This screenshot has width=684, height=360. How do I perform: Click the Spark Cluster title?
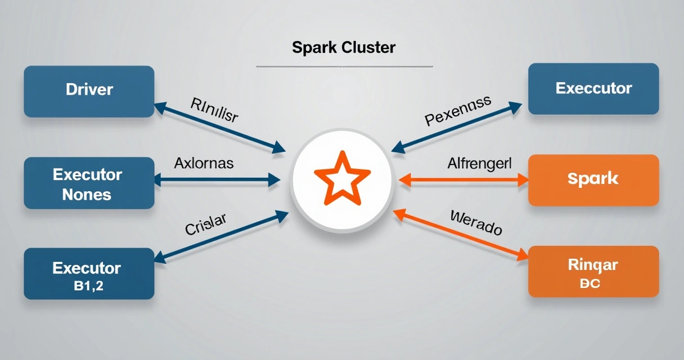(x=344, y=47)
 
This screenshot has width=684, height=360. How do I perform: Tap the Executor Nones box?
(x=89, y=183)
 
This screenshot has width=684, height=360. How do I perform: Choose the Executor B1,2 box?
(x=89, y=274)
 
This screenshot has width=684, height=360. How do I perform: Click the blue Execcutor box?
(x=593, y=89)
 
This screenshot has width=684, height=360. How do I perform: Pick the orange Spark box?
(x=593, y=180)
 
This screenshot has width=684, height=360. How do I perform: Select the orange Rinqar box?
(x=593, y=272)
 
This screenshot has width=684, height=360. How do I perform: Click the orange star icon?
(x=341, y=179)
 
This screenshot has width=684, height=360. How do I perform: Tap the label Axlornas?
(x=204, y=164)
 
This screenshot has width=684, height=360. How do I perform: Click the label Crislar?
(x=205, y=224)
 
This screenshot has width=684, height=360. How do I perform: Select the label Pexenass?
(x=458, y=110)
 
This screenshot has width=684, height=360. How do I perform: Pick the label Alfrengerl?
(x=479, y=164)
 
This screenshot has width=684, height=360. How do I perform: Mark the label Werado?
(x=476, y=222)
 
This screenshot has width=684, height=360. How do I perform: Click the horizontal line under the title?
(x=344, y=67)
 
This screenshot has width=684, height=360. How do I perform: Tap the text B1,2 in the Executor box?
(x=88, y=286)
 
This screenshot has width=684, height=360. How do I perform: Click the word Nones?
(x=87, y=195)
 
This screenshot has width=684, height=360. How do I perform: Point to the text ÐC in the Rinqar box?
(x=589, y=283)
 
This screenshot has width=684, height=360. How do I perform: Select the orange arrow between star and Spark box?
(x=463, y=180)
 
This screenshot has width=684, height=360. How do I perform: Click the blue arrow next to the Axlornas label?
(x=217, y=180)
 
